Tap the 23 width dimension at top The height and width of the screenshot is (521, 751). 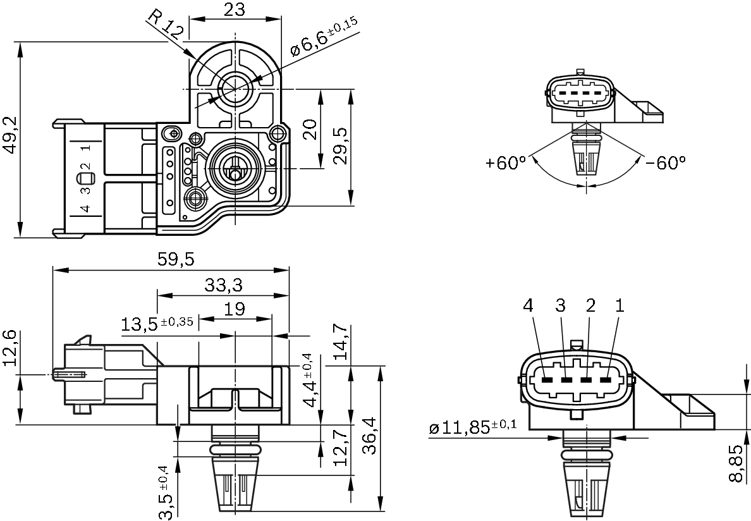[x=235, y=9]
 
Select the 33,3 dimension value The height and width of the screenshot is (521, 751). [x=223, y=285]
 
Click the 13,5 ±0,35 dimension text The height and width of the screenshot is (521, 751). [x=157, y=324]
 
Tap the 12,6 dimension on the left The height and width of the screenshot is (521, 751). [x=10, y=348]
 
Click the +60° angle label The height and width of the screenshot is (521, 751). [x=506, y=163]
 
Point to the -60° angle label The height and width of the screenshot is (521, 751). [x=666, y=163]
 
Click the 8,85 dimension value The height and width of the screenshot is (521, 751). [x=736, y=463]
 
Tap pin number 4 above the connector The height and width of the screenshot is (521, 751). [x=528, y=306]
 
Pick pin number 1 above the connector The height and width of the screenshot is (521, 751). [x=620, y=306]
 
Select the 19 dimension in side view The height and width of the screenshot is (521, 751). [x=235, y=309]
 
